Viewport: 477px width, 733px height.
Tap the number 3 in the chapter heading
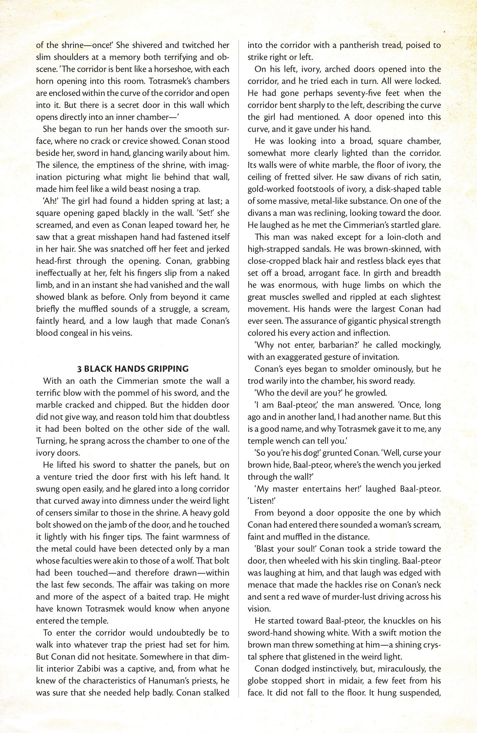pyautogui.click(x=79, y=369)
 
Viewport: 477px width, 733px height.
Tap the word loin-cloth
pyautogui.click(x=399, y=237)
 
